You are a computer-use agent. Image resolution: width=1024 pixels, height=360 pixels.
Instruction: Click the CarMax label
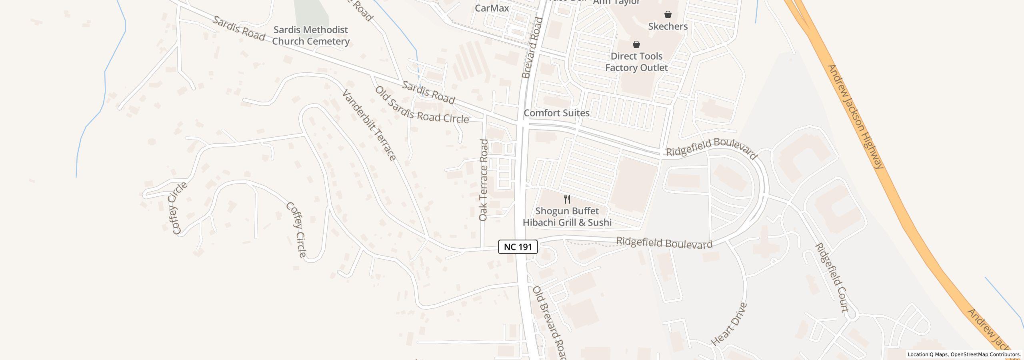[492, 8]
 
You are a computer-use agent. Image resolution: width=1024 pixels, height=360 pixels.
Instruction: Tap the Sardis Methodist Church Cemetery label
[311, 36]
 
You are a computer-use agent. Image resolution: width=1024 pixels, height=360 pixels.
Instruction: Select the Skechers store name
[668, 26]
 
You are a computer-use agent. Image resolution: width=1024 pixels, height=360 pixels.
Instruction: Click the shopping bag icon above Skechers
[668, 15]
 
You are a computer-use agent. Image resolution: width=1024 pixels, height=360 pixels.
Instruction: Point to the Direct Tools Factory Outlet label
[636, 62]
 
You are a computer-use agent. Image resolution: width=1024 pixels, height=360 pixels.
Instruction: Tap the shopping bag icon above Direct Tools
[636, 44]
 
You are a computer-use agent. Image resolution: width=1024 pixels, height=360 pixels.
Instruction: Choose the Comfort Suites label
[556, 113]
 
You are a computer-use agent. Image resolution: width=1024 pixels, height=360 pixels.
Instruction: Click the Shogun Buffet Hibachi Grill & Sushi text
[567, 217]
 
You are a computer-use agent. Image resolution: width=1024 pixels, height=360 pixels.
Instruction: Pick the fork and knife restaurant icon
[567, 199]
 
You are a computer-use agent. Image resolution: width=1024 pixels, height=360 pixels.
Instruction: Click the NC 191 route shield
[518, 247]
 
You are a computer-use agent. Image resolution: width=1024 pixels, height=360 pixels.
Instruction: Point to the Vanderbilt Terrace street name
[369, 125]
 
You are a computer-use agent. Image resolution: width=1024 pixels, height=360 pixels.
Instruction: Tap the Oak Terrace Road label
[484, 180]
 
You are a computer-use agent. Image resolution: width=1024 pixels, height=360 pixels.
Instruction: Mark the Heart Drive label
[729, 324]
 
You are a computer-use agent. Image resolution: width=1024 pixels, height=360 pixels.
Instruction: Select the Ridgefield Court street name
[832, 277]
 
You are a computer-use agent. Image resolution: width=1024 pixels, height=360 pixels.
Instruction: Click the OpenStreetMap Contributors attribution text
[985, 354]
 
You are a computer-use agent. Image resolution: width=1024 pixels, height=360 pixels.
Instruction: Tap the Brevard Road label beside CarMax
[532, 48]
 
